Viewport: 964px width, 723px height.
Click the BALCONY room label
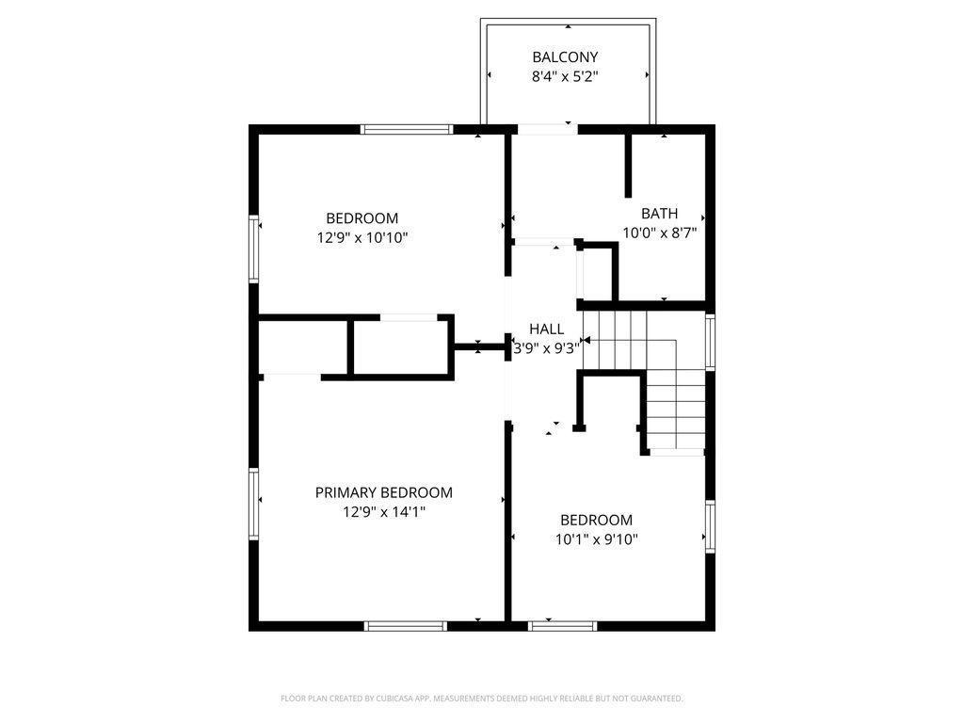click(565, 57)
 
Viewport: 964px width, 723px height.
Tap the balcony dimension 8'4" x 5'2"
click(565, 77)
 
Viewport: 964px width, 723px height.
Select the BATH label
click(659, 214)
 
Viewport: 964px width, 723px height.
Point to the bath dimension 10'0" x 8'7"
click(659, 233)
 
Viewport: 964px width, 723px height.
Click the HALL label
click(546, 329)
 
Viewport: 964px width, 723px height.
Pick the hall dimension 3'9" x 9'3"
click(546, 347)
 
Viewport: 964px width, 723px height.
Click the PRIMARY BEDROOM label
click(383, 492)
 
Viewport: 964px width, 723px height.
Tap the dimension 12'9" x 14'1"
click(383, 512)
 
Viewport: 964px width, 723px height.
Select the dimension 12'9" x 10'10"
click(362, 238)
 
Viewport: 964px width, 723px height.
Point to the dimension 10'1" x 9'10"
click(597, 539)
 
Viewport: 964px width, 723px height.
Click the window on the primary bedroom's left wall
click(254, 504)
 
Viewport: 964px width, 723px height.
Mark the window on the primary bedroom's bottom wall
click(405, 625)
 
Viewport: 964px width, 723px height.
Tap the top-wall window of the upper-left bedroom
click(408, 130)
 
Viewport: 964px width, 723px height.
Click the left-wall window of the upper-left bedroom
click(254, 249)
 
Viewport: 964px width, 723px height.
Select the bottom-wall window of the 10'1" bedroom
click(563, 625)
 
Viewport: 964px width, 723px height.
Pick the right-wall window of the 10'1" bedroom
click(710, 525)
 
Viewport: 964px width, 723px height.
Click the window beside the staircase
click(710, 342)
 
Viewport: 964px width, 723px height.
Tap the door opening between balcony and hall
click(546, 130)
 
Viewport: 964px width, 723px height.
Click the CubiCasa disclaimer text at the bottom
click(482, 699)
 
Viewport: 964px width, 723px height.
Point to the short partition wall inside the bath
click(628, 166)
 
